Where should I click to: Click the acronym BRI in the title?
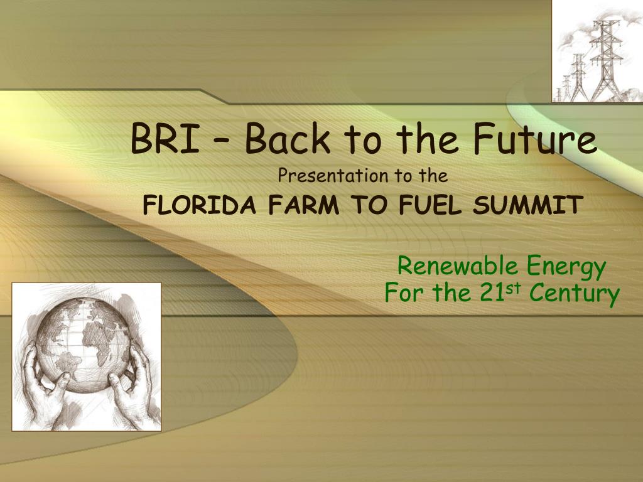[x=165, y=139]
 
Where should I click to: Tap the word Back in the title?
[x=288, y=137]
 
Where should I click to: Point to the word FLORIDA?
[x=199, y=205]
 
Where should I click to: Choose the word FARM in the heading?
[x=304, y=205]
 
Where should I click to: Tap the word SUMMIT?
[x=527, y=205]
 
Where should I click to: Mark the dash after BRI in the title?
[x=223, y=141]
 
